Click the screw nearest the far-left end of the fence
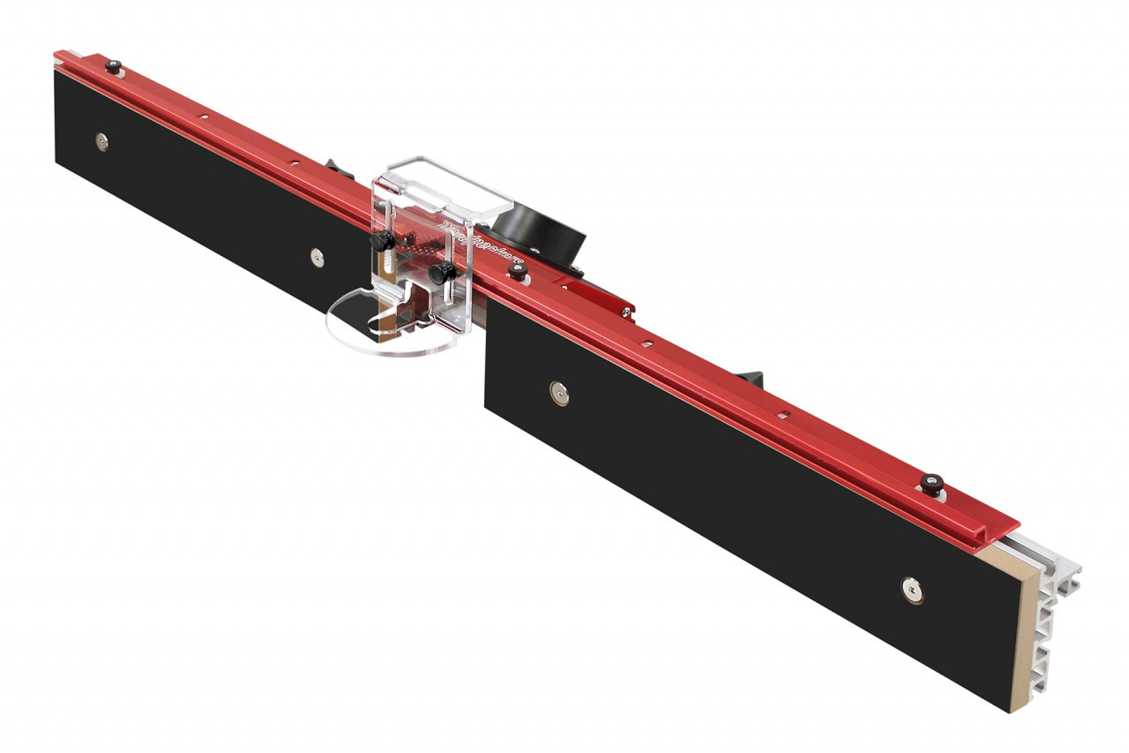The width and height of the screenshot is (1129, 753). coord(102,141)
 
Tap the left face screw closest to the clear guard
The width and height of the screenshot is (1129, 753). coord(317,257)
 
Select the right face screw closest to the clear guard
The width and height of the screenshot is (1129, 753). coord(558,393)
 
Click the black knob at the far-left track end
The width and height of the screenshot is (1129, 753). coord(113,65)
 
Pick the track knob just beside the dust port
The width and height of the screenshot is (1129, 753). coord(518,273)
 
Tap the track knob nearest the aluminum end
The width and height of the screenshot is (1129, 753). coord(931,483)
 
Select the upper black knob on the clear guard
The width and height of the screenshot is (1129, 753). coord(382,240)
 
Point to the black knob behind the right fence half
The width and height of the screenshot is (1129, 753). coord(750,375)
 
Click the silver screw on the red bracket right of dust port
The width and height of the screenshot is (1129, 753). coord(625,310)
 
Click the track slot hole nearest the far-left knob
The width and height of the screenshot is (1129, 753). coord(203,116)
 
